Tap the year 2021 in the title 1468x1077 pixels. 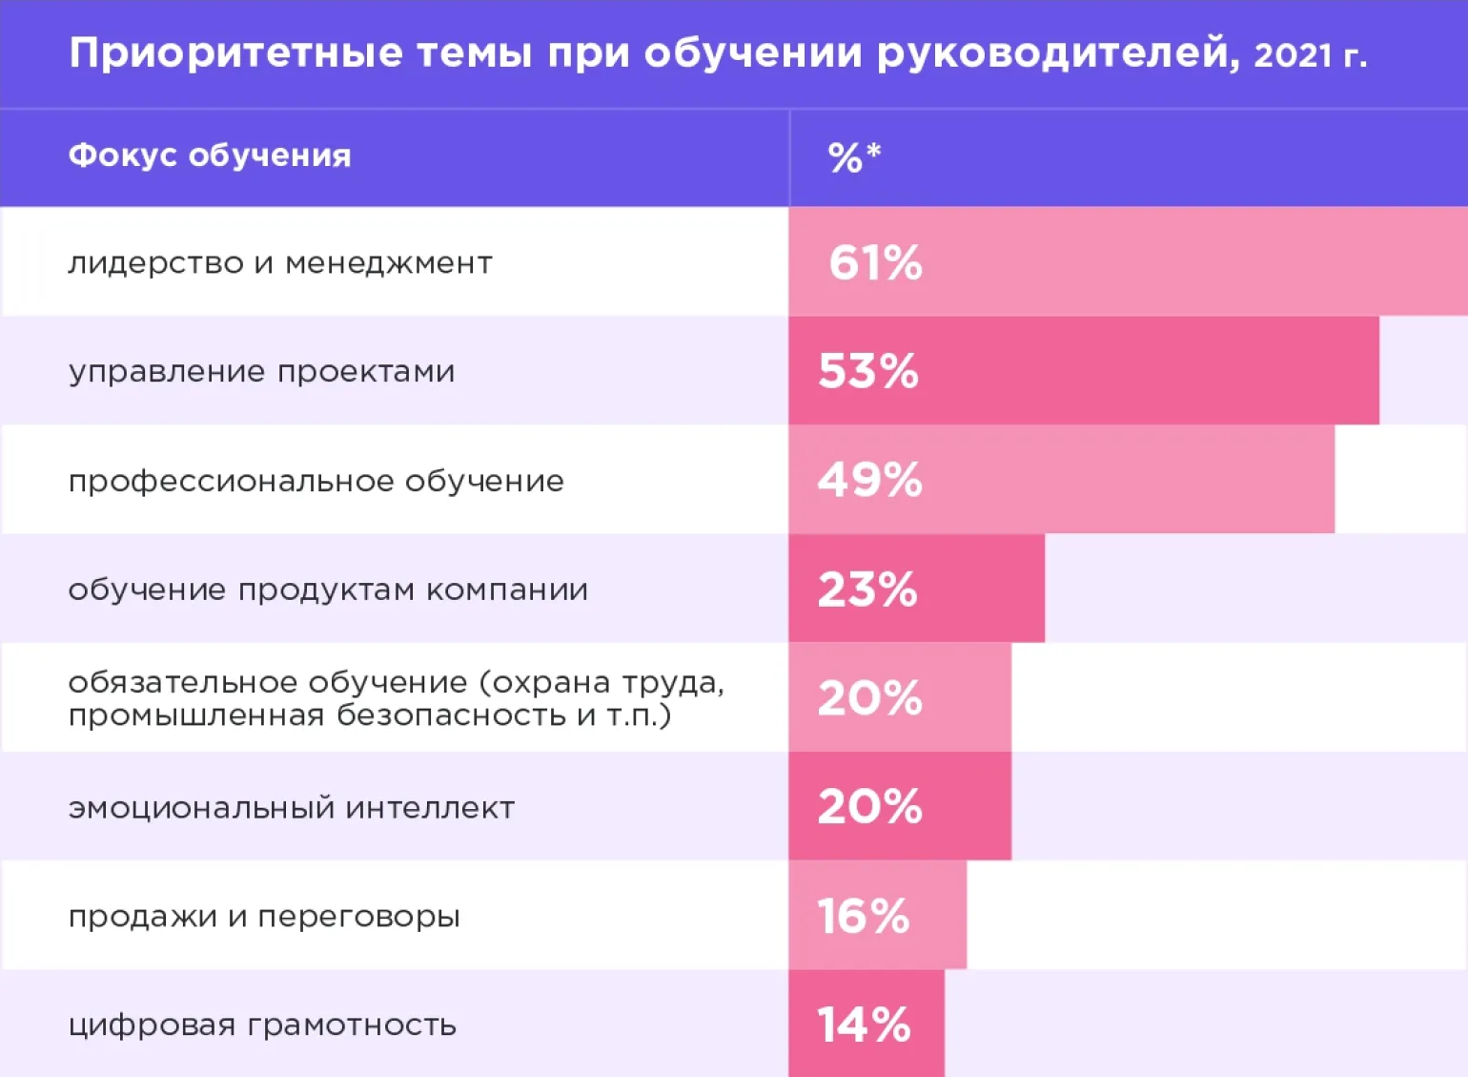tap(1293, 55)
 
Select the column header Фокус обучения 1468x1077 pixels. tap(210, 155)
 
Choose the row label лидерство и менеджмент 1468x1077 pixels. tap(280, 262)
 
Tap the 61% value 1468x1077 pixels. tap(875, 262)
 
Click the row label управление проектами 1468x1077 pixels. tap(261, 371)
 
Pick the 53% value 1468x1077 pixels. tap(868, 371)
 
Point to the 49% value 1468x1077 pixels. tap(869, 480)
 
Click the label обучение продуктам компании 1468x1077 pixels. tap(328, 590)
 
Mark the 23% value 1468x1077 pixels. tap(867, 590)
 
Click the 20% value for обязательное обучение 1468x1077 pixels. tap(869, 698)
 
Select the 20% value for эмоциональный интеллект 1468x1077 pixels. tap(869, 807)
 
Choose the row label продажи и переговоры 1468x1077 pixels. tap(264, 917)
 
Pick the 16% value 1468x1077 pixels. tap(864, 917)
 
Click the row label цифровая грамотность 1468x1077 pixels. tap(262, 1025)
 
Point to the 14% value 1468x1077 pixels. tap(864, 1025)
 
